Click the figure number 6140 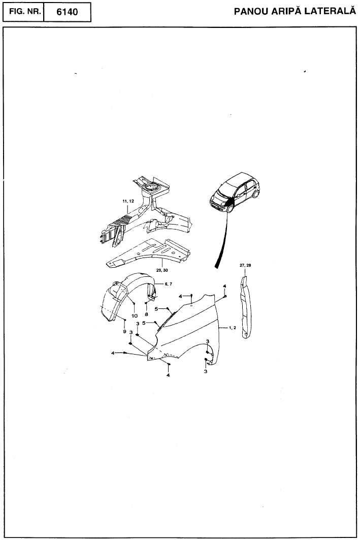tap(67, 12)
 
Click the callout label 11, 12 tap(127, 201)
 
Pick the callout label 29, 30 tap(162, 270)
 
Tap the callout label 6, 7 tap(168, 284)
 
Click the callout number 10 tap(134, 315)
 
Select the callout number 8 tap(146, 314)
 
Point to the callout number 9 tap(124, 331)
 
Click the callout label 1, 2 tap(233, 328)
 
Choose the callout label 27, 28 tap(245, 265)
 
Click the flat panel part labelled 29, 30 tap(148, 253)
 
